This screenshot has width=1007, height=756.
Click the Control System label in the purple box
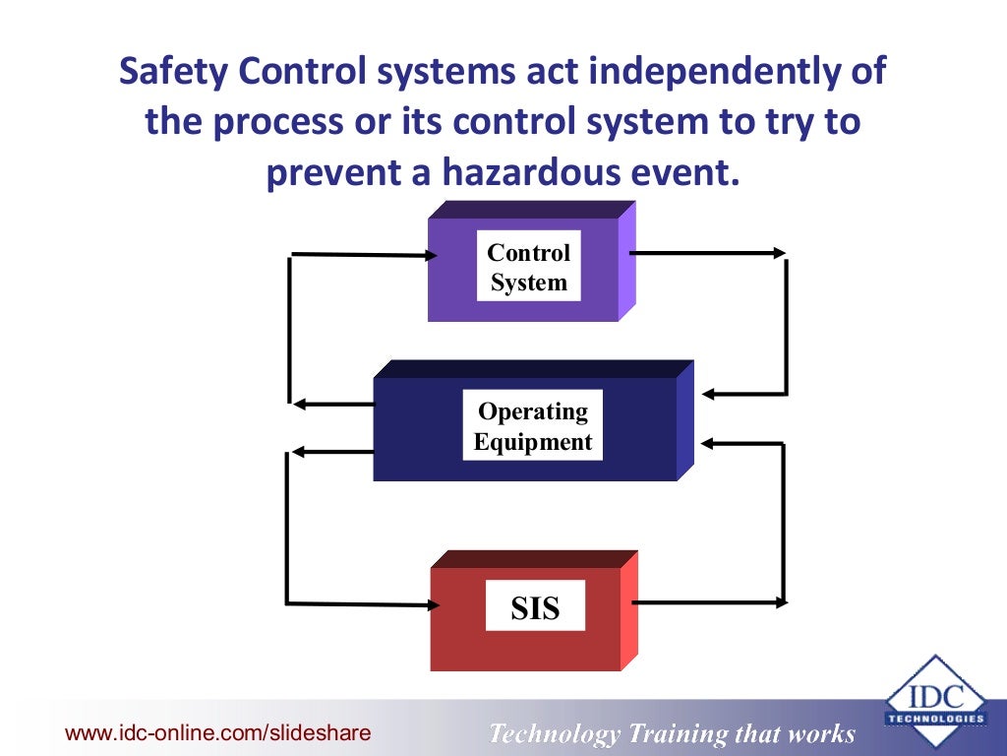[x=529, y=268]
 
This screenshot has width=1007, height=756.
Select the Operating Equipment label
[x=533, y=426]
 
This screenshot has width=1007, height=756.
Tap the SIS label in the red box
[x=535, y=608]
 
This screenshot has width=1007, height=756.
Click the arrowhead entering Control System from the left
[x=430, y=256]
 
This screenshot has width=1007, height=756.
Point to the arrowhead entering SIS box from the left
[x=430, y=602]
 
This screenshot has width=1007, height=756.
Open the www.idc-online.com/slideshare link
[x=217, y=732]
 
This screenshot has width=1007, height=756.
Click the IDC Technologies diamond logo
[x=935, y=700]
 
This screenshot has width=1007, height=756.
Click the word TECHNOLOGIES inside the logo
[x=935, y=719]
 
